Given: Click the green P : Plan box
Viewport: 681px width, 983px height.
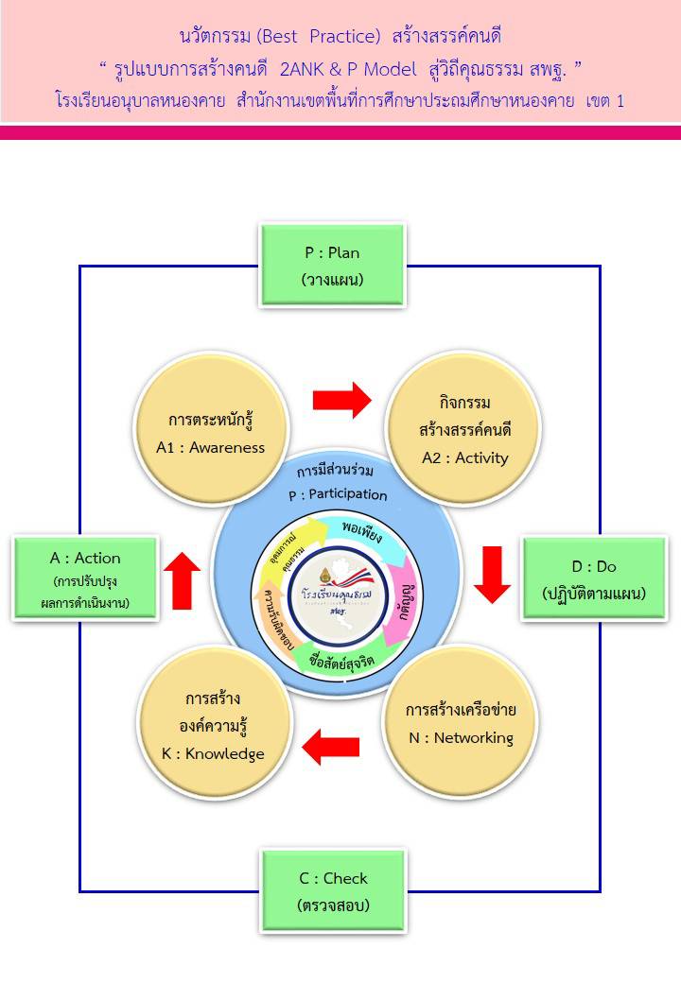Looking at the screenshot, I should (x=331, y=265).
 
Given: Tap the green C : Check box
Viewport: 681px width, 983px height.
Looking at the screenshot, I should (x=331, y=890).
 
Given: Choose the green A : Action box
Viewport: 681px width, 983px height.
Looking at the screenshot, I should (x=85, y=578).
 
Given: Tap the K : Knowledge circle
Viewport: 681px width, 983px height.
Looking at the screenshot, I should (x=212, y=725).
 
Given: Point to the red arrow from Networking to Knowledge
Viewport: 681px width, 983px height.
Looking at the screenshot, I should (x=330, y=750).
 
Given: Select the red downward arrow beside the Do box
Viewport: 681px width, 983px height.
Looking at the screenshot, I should (x=492, y=573).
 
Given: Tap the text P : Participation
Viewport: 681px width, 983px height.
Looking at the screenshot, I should (x=338, y=494).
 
